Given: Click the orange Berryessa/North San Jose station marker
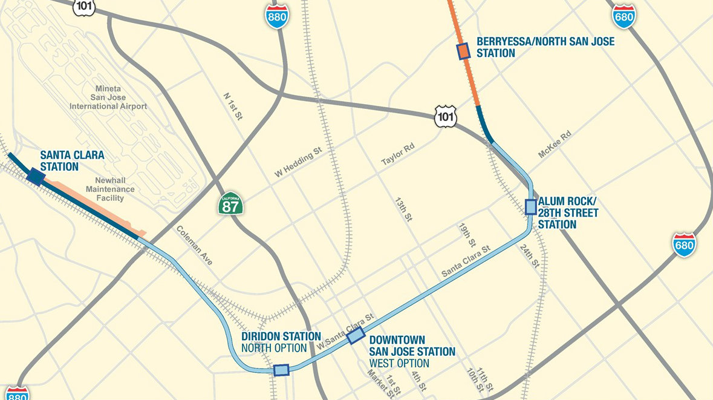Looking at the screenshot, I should click(x=464, y=51).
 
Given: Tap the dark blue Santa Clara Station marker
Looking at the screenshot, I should click(x=35, y=176).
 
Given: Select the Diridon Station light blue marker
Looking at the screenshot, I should click(x=281, y=370).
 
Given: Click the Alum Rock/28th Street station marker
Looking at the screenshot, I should click(x=530, y=207).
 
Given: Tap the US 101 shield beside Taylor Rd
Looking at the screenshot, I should click(x=446, y=116).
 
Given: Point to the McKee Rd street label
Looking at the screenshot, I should click(x=555, y=145).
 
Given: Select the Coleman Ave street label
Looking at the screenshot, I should click(x=195, y=245).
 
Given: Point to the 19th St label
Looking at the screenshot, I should click(x=467, y=235).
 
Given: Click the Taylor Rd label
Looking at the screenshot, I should click(x=396, y=154).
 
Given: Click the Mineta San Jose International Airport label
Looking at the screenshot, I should click(x=108, y=97).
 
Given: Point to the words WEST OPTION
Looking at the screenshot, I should click(x=399, y=363).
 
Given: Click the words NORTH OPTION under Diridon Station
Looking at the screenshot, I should click(x=274, y=348).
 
